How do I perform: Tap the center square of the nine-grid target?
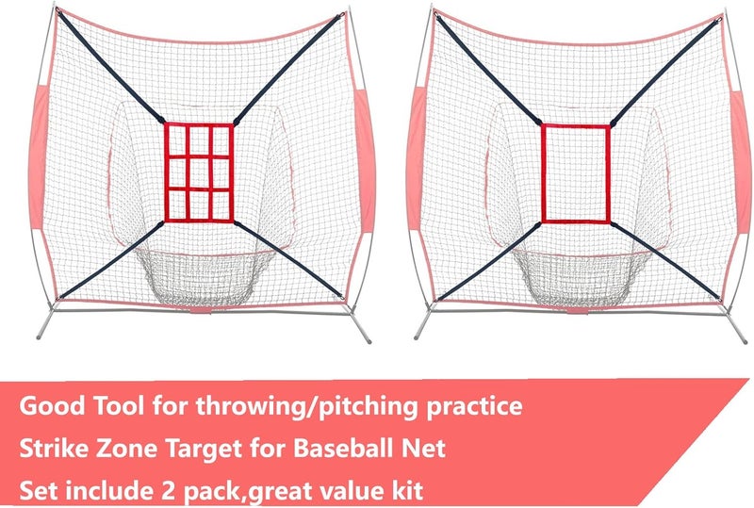(200, 172)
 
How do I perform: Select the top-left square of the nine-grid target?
(179, 140)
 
